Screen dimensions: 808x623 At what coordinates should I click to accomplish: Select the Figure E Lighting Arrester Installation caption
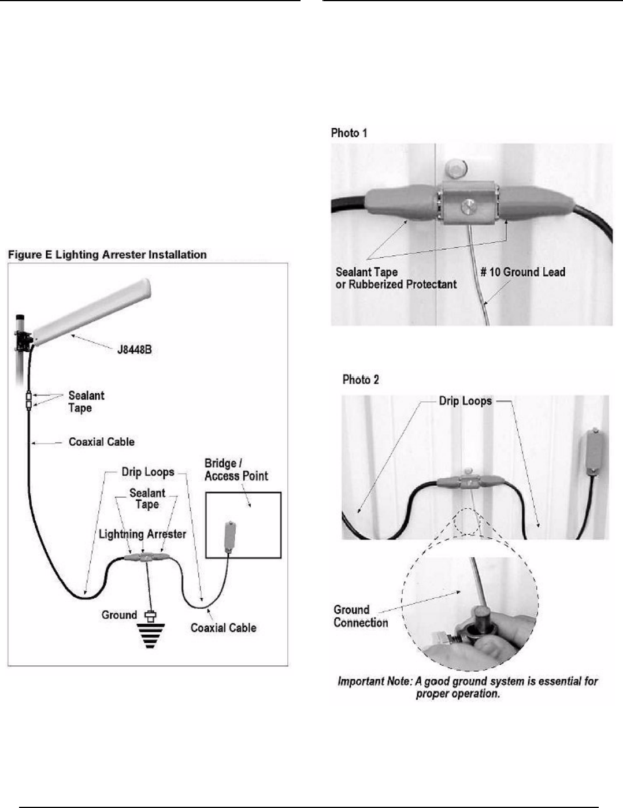(107, 255)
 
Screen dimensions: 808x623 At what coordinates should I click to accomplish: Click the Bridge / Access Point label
(236, 470)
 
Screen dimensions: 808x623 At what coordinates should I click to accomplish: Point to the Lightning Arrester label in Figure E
(142, 534)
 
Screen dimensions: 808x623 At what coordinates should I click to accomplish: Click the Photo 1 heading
(349, 133)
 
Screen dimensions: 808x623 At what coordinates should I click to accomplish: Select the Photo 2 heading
(361, 379)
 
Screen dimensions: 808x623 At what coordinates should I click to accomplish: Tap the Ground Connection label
(360, 616)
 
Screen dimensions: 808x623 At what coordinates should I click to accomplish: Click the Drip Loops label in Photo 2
(465, 401)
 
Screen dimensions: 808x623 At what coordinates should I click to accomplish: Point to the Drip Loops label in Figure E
(147, 472)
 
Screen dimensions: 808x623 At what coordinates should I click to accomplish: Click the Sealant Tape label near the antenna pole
(86, 402)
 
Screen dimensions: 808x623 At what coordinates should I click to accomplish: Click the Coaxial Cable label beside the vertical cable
(101, 442)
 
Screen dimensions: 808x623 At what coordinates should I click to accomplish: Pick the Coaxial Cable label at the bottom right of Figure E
(223, 628)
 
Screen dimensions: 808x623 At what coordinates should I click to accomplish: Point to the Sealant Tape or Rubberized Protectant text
(396, 278)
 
